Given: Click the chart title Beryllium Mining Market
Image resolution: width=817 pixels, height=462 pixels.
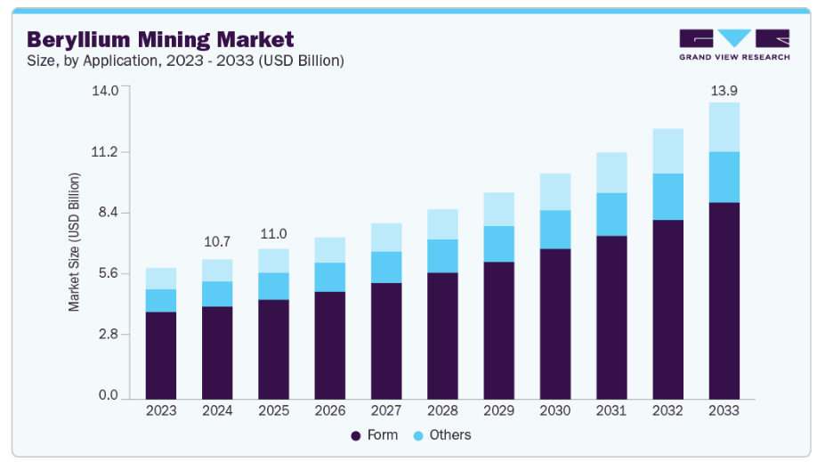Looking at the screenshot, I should pyautogui.click(x=160, y=39).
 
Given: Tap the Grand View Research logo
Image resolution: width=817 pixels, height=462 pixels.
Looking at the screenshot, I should pyautogui.click(x=734, y=45).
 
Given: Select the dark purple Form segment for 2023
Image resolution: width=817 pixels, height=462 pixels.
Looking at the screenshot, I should pyautogui.click(x=161, y=355).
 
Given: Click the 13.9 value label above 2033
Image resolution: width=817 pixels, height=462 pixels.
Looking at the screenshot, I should pyautogui.click(x=724, y=91).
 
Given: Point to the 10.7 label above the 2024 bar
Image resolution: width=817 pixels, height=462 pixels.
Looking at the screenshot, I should pyautogui.click(x=217, y=241).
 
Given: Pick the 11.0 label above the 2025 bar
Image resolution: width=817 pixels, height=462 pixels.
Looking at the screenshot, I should pyautogui.click(x=273, y=234).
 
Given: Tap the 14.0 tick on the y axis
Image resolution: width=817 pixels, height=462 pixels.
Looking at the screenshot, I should pyautogui.click(x=107, y=91).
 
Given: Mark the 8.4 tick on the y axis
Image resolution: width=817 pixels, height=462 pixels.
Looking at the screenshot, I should pyautogui.click(x=108, y=212).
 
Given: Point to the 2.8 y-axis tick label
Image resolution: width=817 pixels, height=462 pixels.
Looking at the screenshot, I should pyautogui.click(x=108, y=334).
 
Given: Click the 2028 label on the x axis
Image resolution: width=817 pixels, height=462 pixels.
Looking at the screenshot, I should pyautogui.click(x=442, y=411).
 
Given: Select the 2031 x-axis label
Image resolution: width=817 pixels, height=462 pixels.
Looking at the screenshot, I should pyautogui.click(x=611, y=411).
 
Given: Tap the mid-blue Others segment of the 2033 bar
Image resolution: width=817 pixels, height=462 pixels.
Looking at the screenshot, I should pyautogui.click(x=724, y=177).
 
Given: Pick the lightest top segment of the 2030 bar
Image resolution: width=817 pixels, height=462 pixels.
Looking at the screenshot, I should pyautogui.click(x=555, y=191).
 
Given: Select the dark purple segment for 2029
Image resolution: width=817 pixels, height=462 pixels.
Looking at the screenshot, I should pyautogui.click(x=498, y=330).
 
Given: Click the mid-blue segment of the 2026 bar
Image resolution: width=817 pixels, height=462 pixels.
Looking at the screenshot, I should pyautogui.click(x=329, y=277).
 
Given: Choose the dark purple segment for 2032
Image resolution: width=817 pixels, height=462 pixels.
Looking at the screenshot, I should pyautogui.click(x=667, y=309).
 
